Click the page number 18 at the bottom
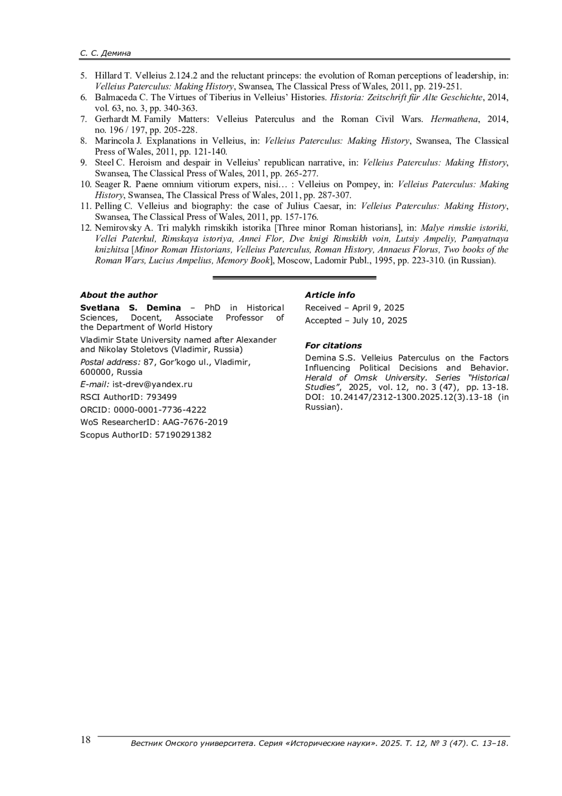[86, 740]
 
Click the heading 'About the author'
[118, 295]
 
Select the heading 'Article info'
[330, 295]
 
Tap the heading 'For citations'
[333, 345]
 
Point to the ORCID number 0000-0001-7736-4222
[160, 410]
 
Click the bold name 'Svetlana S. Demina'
[130, 308]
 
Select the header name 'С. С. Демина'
[105, 53]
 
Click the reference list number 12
[85, 228]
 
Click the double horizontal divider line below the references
[294, 278]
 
